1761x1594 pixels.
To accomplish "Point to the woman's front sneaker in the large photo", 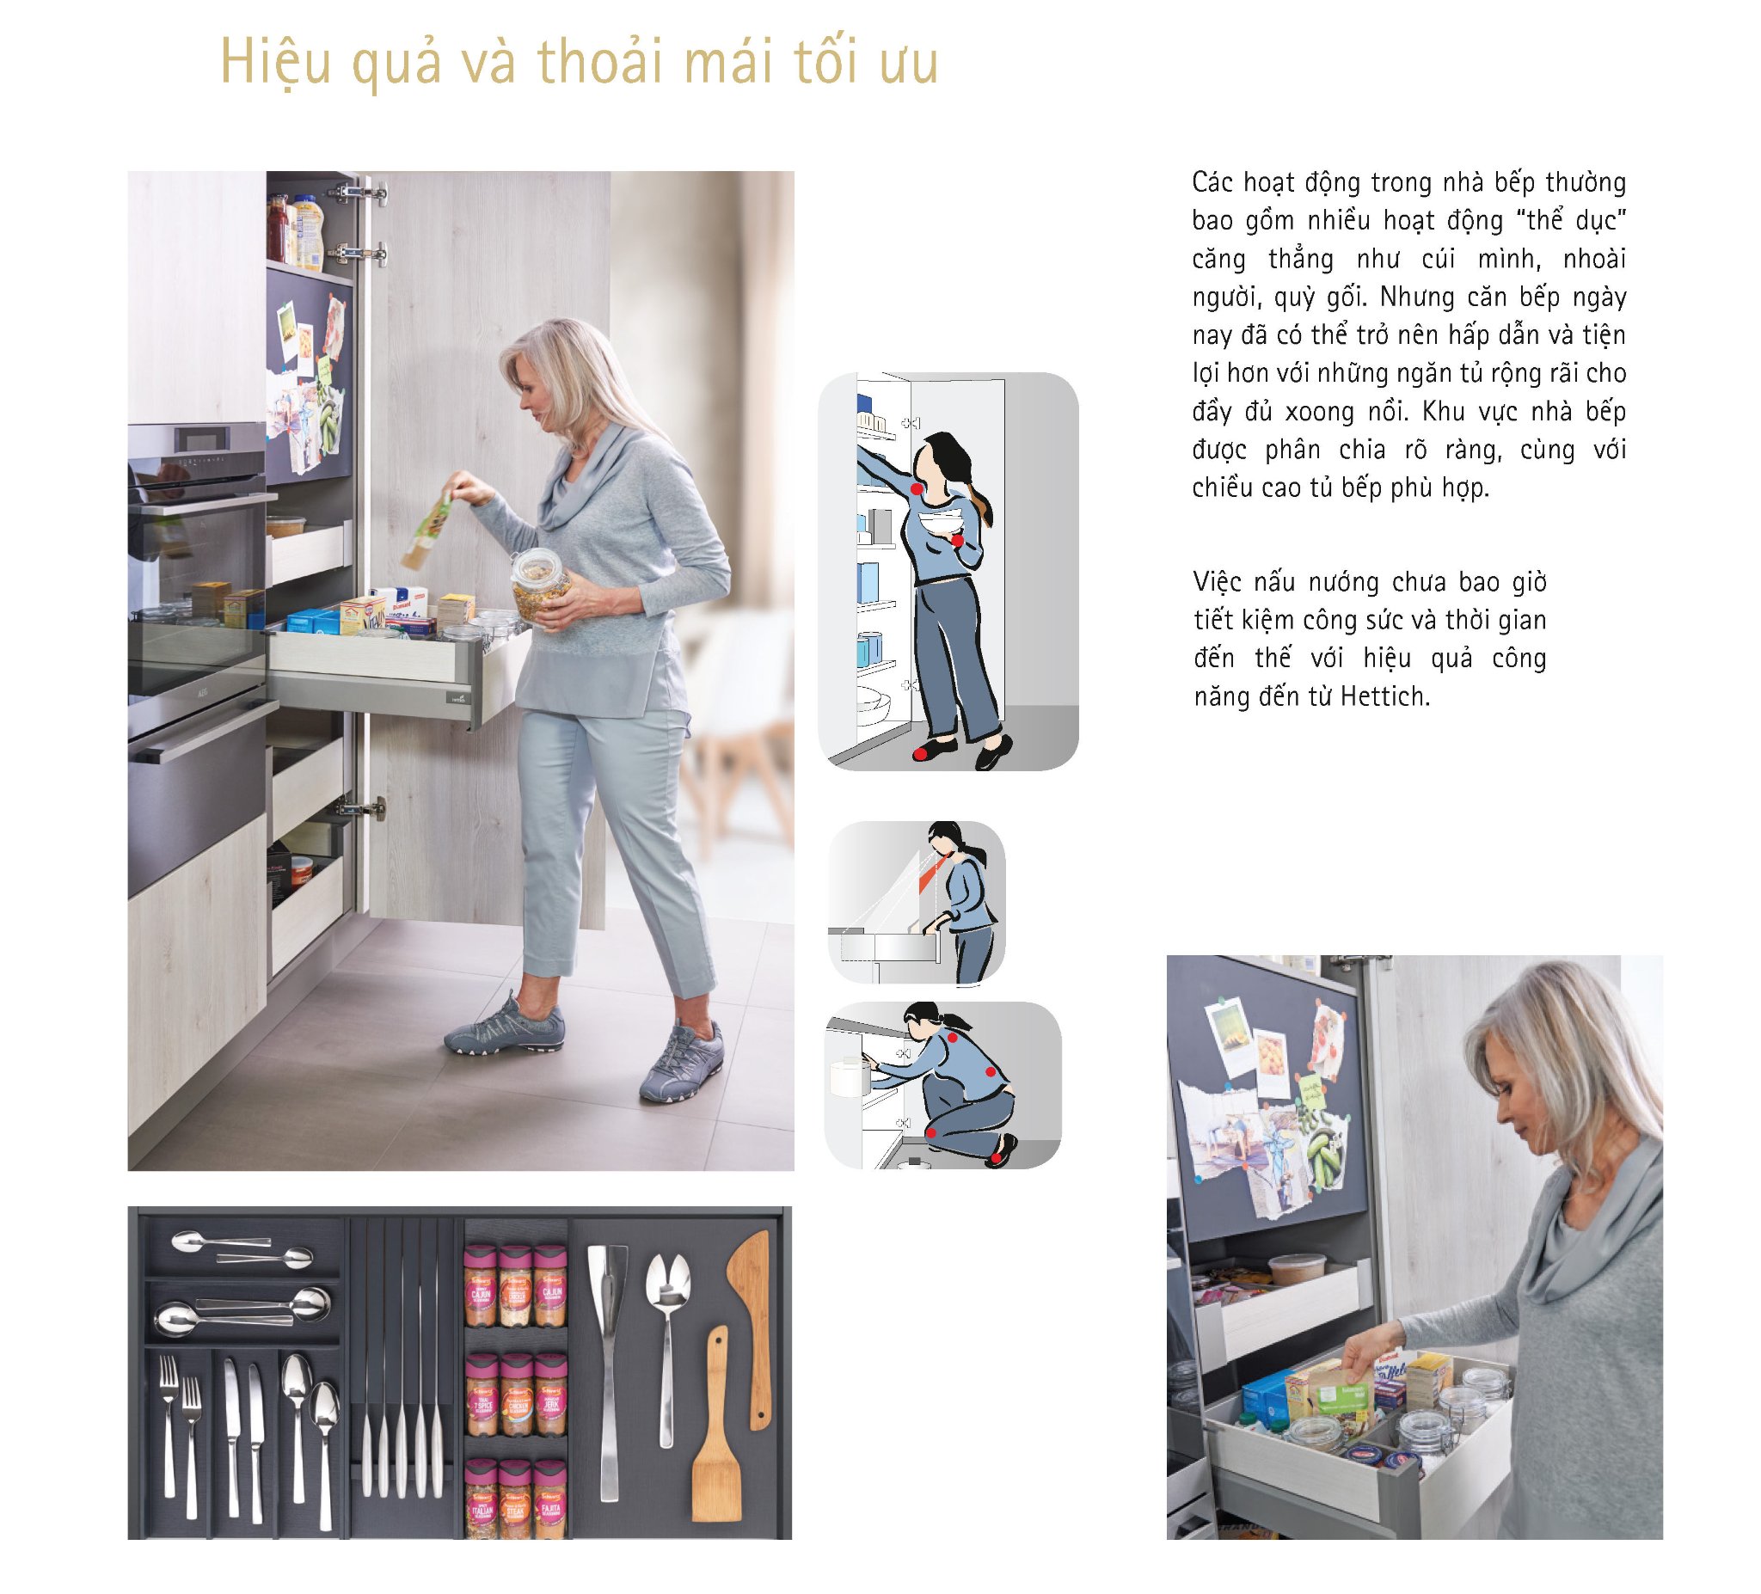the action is pos(505,1027).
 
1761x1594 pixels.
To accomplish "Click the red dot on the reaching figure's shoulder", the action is pos(916,489).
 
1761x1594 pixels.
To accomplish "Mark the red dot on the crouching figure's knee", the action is pos(931,1133).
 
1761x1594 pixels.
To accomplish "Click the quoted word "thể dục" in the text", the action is pos(1576,220).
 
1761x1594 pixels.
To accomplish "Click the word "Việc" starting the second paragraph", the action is pos(1216,582).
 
